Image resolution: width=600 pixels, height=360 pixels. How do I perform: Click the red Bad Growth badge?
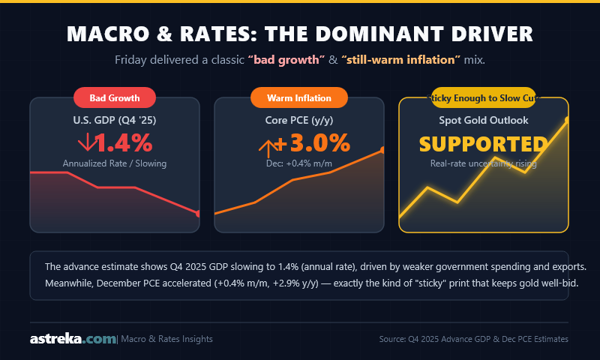[x=114, y=97]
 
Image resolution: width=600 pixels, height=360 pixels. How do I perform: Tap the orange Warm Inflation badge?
[x=299, y=97]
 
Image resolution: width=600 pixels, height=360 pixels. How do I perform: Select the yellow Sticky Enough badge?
[x=483, y=97]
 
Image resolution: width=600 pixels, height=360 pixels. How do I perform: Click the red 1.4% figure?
[x=124, y=142]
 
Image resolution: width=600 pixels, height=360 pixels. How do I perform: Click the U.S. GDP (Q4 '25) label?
[x=114, y=119]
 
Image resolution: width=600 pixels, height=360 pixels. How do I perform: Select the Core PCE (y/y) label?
[x=299, y=119]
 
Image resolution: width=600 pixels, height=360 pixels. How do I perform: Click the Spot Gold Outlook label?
[x=483, y=119]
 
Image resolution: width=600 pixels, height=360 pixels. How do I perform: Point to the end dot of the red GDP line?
[x=198, y=214]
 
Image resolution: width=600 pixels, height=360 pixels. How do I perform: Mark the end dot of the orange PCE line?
[x=382, y=150]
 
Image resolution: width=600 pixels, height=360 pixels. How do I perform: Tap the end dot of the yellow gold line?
[x=566, y=119]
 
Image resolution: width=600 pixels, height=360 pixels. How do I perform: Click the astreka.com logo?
[x=73, y=339]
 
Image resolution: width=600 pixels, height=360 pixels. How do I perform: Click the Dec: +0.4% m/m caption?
[x=299, y=163]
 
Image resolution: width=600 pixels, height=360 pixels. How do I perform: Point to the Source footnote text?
[x=473, y=340]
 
